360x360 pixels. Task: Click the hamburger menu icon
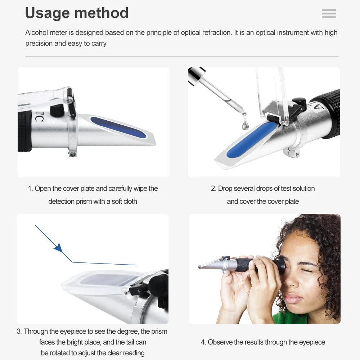[x=329, y=14]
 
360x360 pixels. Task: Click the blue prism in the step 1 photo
[x=118, y=127]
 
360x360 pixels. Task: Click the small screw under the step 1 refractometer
[x=73, y=154]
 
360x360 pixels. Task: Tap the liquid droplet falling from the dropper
[x=245, y=125]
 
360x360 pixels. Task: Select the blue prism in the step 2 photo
[x=252, y=140]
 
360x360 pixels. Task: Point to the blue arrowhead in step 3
[x=58, y=248]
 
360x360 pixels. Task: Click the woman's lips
[x=293, y=298]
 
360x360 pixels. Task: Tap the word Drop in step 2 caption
[x=225, y=189]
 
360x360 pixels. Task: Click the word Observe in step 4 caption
[x=220, y=342]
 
